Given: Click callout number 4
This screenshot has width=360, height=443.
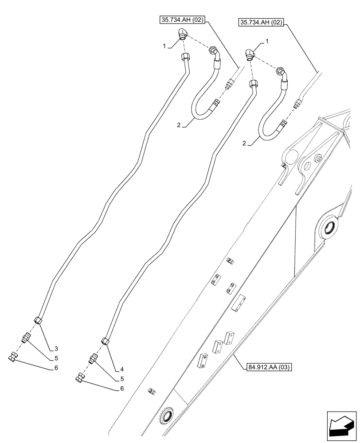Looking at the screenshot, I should click(122, 369).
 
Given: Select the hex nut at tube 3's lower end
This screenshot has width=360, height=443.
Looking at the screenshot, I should click(38, 320).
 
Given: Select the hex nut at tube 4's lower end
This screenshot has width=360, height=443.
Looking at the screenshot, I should click(105, 341).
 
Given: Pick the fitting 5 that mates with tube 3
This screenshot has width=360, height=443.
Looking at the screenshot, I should click(25, 339).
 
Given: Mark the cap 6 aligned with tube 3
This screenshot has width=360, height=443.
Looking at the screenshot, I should click(13, 357).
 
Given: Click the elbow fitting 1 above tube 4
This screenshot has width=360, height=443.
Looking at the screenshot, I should click(250, 54).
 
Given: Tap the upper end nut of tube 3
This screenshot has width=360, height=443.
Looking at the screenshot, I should click(185, 57).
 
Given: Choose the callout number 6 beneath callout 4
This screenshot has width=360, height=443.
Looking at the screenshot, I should click(122, 389).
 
